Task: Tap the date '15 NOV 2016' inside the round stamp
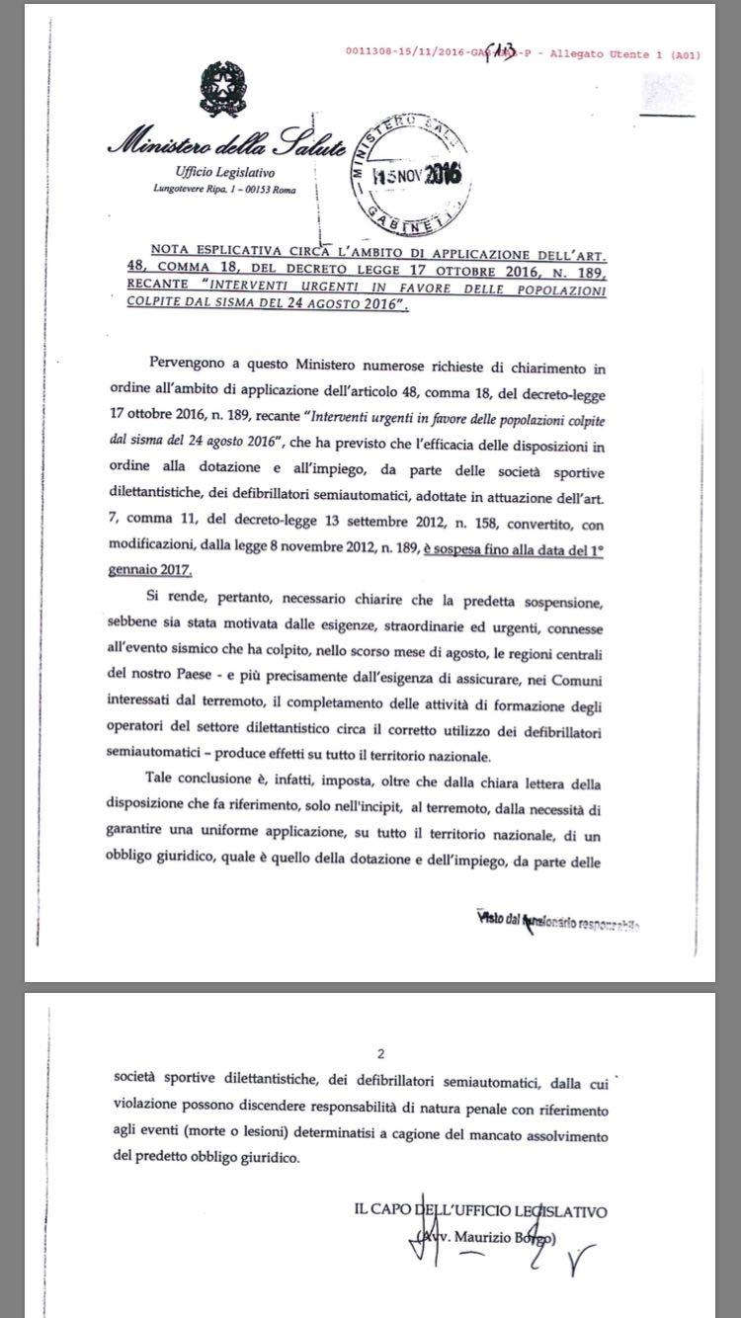point(417,176)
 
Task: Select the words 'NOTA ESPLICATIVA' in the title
point(207,251)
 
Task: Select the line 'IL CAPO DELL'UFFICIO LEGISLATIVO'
point(478,1211)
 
